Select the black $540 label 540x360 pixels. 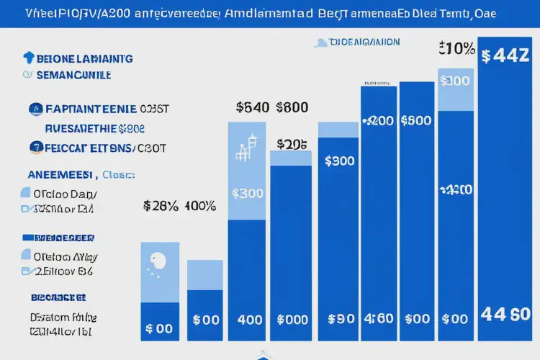(x=253, y=107)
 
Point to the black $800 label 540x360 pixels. (x=291, y=107)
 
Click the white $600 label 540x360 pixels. (x=415, y=120)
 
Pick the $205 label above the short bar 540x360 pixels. (x=290, y=144)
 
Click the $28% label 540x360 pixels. (x=161, y=206)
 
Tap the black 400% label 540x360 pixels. (x=200, y=206)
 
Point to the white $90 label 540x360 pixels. (x=340, y=318)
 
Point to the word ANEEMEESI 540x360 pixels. (x=61, y=174)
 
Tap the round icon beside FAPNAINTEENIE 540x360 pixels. (x=35, y=109)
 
